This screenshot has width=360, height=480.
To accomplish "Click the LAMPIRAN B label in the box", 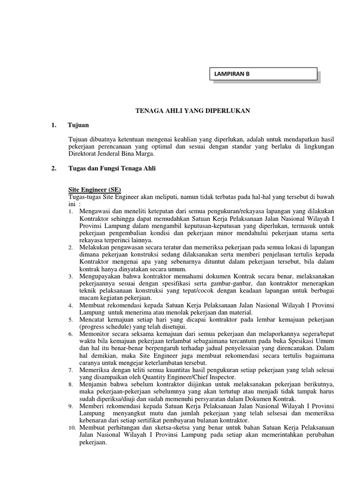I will click(231, 74).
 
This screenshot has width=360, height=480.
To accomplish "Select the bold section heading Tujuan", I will click(78, 126).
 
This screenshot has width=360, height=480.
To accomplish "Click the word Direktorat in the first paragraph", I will click(82, 154).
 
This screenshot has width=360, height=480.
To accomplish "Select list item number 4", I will click(70, 305).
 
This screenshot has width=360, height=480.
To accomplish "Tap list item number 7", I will click(70, 370).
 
